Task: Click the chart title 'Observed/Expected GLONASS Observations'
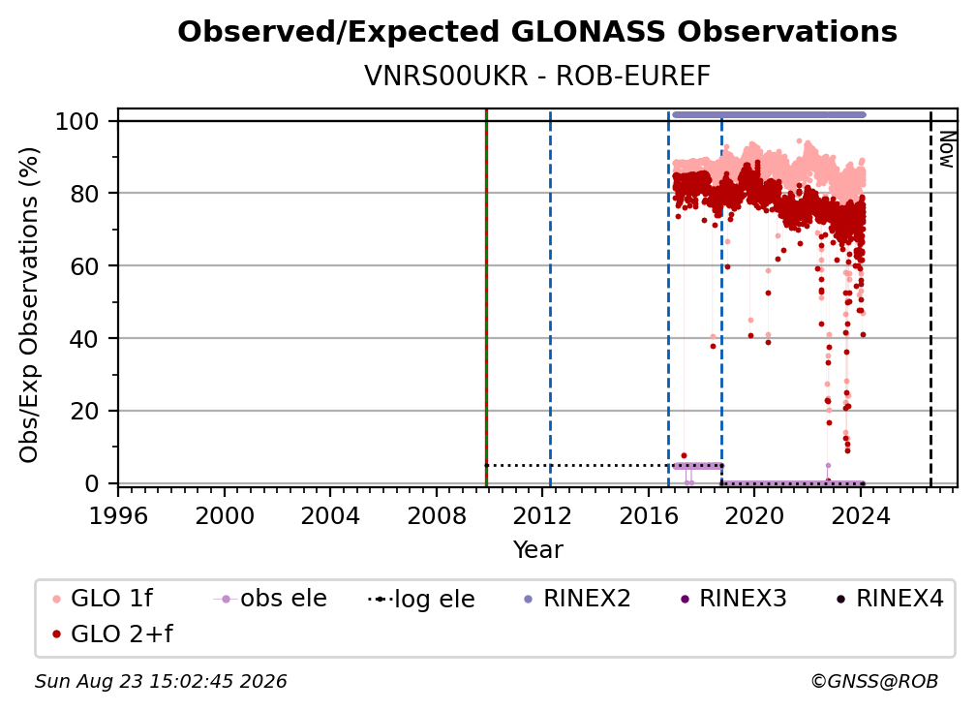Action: pos(537,32)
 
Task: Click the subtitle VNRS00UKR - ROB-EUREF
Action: pos(537,77)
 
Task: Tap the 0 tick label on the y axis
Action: pos(92,483)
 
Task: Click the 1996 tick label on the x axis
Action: pos(118,516)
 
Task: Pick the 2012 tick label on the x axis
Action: pos(542,516)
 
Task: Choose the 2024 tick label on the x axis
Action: pos(860,516)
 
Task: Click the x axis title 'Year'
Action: pos(537,550)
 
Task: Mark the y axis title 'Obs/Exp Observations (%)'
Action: pos(29,305)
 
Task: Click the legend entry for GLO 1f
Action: pos(103,599)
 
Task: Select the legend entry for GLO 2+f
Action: pos(112,634)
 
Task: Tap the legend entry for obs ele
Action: pos(270,599)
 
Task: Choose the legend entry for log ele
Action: pos(421,600)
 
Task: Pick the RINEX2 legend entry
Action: pos(577,599)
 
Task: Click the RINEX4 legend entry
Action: pos(890,599)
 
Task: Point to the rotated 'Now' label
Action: pos(946,149)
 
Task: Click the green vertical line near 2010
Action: pos(486,297)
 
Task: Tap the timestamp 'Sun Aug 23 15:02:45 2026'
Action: pos(161,682)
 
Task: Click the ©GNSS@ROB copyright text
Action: pos(874,682)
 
